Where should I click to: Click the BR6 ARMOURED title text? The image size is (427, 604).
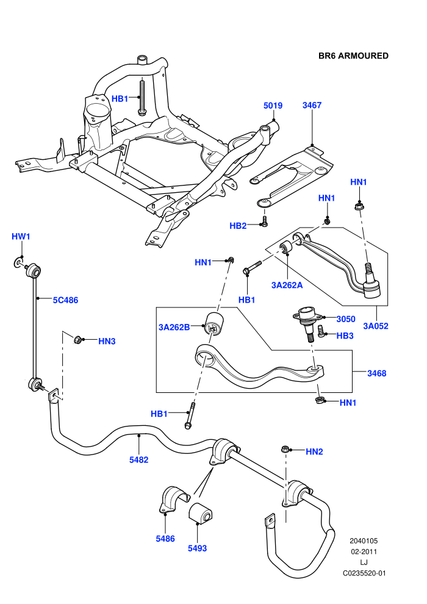(353, 56)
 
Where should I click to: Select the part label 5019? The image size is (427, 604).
(273, 106)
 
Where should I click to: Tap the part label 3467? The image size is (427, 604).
(312, 105)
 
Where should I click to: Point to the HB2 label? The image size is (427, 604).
(238, 226)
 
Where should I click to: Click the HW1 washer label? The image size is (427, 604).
(21, 237)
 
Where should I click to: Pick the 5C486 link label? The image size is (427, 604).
(65, 300)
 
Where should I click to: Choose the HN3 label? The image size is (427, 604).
(107, 341)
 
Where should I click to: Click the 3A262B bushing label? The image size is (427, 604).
(174, 328)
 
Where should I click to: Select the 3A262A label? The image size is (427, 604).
(287, 285)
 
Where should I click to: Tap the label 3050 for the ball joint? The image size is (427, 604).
(346, 319)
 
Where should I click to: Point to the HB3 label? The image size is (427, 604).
(345, 336)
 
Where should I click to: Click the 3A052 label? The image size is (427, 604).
(376, 326)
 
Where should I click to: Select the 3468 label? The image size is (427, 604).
(376, 373)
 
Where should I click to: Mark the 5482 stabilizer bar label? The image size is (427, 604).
(138, 459)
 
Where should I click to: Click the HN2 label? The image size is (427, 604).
(314, 451)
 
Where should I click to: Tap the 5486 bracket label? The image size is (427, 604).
(165, 539)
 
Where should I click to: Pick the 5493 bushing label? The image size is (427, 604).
(197, 548)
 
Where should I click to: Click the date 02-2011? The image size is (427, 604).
(364, 552)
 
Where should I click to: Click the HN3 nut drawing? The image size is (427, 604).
(77, 340)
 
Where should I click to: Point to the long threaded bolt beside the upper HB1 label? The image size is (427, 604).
(142, 96)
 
